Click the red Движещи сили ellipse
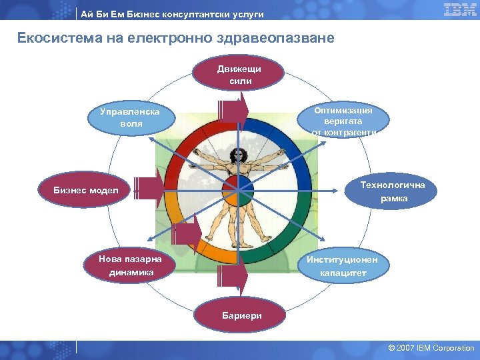(x=239, y=75)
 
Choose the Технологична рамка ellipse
(x=393, y=191)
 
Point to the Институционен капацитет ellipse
(x=342, y=266)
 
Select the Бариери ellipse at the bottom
(x=241, y=316)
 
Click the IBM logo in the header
(x=459, y=9)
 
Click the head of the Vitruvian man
(x=236, y=155)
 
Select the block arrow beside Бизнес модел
(x=148, y=189)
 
